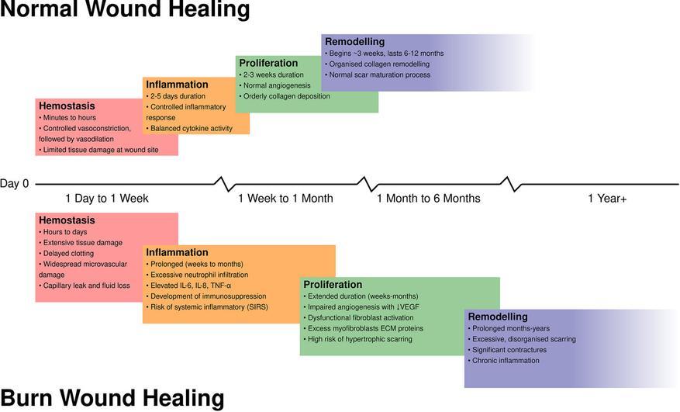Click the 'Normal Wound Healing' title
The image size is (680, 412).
pos(125,11)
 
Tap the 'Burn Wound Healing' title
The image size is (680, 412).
pos(112,399)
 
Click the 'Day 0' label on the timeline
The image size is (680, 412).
pos(15,184)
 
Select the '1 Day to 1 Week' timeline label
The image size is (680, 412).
pos(107,199)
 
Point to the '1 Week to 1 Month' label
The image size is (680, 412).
pos(285,199)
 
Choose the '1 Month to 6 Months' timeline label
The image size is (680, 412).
pos(428,199)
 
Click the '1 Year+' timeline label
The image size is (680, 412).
pos(607,199)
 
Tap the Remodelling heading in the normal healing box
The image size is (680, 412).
pos(354,41)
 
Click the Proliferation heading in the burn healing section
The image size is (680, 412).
pos(333,285)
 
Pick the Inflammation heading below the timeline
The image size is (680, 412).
pos(177,252)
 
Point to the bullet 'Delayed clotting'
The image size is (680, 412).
pos(68,254)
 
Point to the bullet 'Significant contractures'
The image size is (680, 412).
pos(509,350)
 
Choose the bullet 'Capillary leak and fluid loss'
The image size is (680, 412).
pos(85,286)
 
